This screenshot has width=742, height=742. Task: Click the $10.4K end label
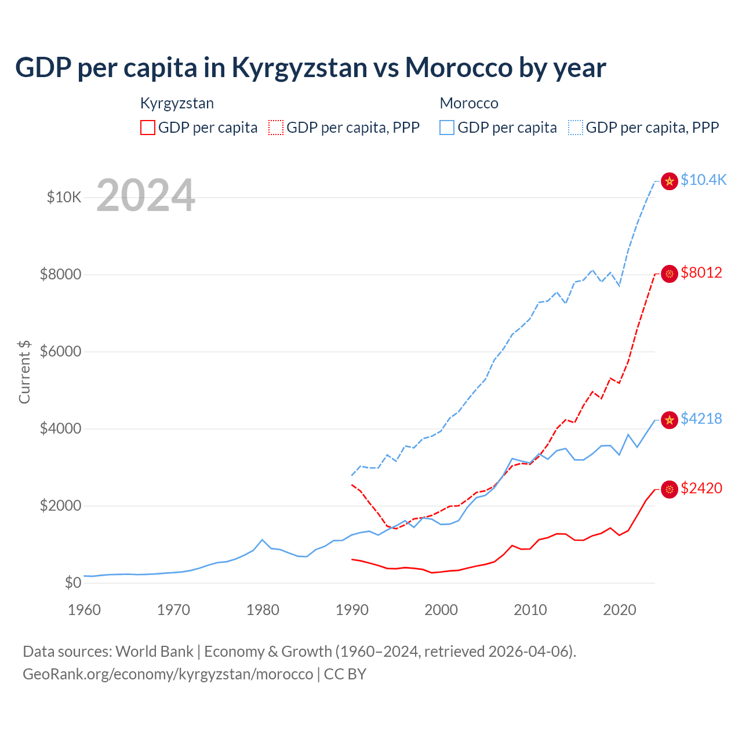703,180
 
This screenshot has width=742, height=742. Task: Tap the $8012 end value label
701,272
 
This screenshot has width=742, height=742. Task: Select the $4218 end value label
701,419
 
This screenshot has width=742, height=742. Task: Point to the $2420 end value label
701,488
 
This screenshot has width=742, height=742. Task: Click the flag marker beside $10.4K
670,181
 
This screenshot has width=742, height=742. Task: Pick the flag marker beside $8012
670,274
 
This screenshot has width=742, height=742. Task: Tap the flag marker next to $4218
670,420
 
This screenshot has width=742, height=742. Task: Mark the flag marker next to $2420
670,490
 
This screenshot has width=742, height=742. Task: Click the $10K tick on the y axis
64,198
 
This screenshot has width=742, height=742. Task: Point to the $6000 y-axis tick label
61,352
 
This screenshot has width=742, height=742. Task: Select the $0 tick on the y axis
72,583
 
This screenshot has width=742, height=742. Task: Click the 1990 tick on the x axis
352,610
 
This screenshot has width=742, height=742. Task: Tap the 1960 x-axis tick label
85,610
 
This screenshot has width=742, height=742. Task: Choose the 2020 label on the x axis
620,610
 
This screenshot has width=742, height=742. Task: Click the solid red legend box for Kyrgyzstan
148,128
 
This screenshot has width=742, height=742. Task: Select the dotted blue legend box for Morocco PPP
576,128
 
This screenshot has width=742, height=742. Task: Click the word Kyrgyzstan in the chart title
299,68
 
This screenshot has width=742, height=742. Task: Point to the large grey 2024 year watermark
146,195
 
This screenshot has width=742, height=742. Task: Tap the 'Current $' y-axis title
24,372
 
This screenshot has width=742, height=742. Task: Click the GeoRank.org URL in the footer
168,674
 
